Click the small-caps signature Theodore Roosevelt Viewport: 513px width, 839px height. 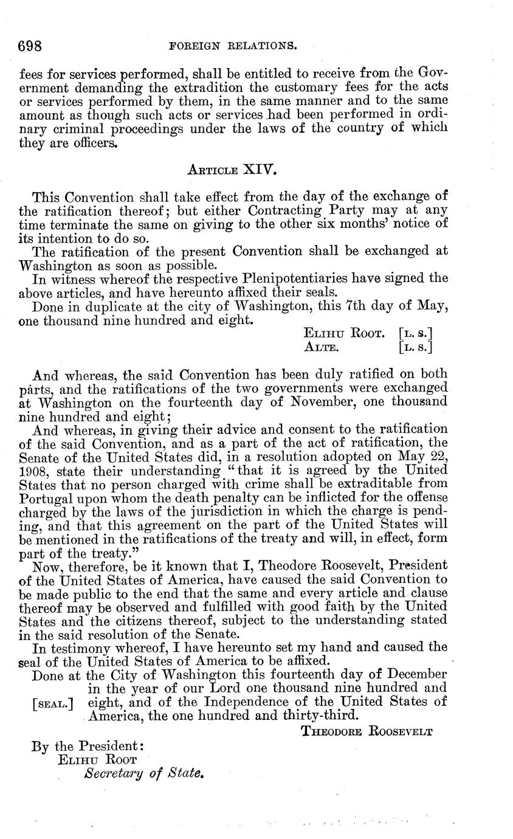[367, 731]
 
